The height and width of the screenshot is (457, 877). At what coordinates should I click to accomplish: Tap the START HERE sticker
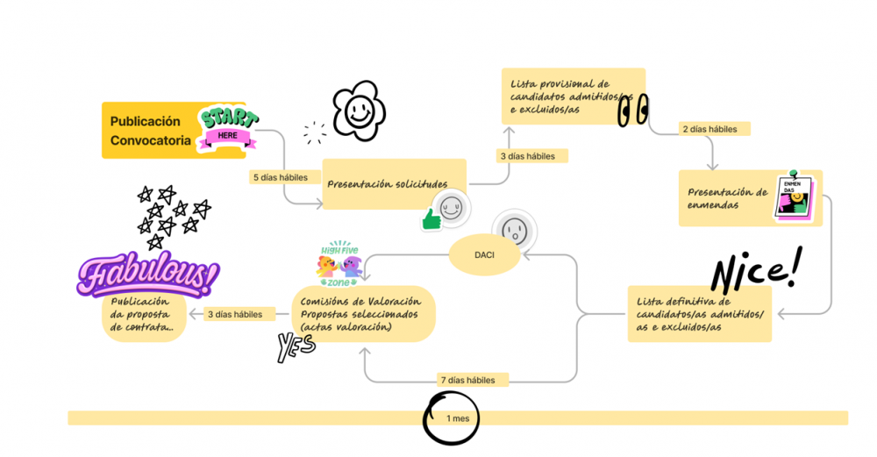[227, 128]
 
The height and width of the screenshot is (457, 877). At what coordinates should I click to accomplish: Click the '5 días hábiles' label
[280, 177]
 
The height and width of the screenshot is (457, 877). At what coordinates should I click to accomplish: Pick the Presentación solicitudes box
[394, 184]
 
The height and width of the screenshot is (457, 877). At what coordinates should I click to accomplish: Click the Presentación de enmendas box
[728, 198]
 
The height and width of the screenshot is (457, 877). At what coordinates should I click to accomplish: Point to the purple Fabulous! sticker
[146, 276]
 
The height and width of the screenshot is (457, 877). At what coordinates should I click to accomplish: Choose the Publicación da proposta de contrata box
[143, 314]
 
